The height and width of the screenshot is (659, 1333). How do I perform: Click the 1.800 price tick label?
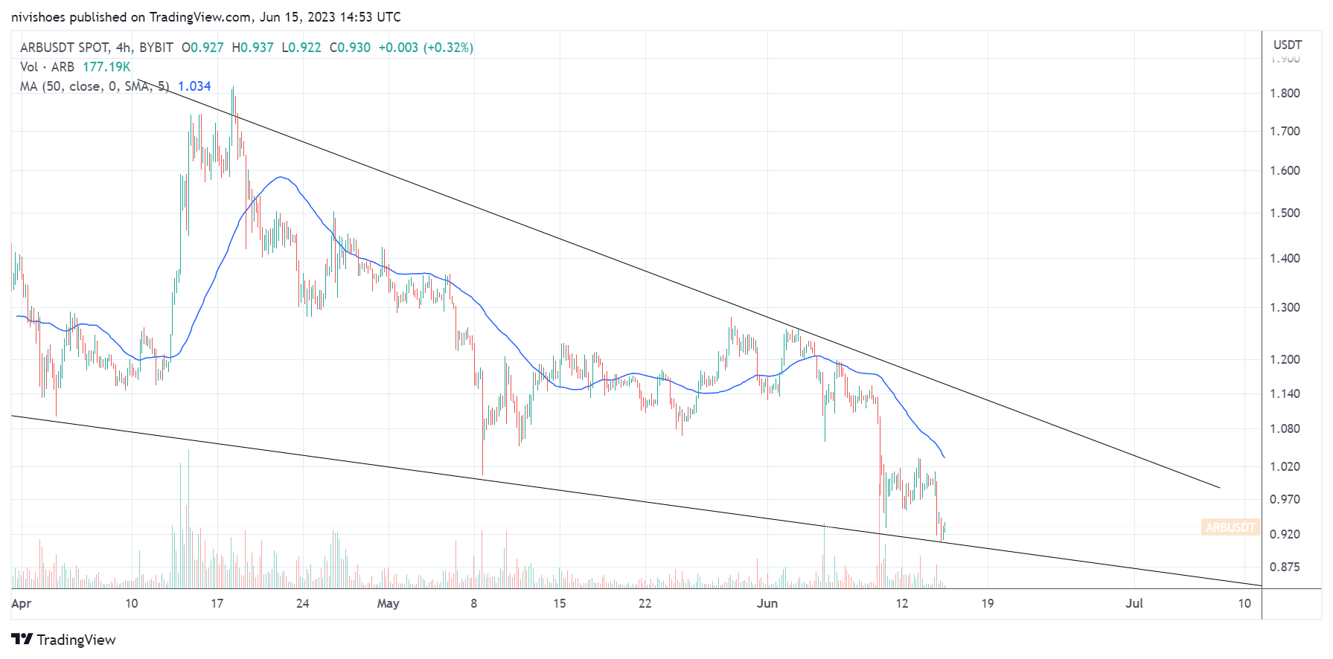click(x=1285, y=93)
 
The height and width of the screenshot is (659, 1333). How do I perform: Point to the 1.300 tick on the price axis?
click(x=1285, y=307)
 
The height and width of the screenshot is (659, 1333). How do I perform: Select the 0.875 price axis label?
click(x=1285, y=567)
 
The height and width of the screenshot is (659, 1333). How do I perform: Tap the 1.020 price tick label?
click(x=1285, y=466)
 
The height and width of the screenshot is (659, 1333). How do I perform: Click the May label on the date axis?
click(x=388, y=603)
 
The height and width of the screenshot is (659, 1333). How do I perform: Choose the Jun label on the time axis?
click(x=767, y=603)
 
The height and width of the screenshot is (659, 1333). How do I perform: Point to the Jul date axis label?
click(x=1134, y=603)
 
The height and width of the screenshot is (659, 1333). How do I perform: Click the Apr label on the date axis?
click(x=21, y=603)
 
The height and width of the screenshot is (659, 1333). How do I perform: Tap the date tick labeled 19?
click(x=987, y=603)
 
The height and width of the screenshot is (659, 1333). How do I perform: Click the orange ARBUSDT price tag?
click(x=1230, y=527)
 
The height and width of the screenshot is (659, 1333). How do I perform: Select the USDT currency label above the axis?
click(x=1287, y=45)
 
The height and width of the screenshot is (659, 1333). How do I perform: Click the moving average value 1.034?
click(x=194, y=86)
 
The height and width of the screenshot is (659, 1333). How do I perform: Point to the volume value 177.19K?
click(x=106, y=67)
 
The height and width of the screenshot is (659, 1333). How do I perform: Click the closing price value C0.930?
click(x=350, y=48)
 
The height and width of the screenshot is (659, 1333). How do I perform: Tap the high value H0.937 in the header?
click(x=252, y=48)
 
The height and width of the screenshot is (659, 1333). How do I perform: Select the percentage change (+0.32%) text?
click(x=448, y=48)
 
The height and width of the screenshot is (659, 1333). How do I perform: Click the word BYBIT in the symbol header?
click(x=156, y=48)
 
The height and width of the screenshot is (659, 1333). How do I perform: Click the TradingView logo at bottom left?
click(x=64, y=640)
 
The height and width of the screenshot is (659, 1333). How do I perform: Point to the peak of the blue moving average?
click(x=280, y=177)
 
